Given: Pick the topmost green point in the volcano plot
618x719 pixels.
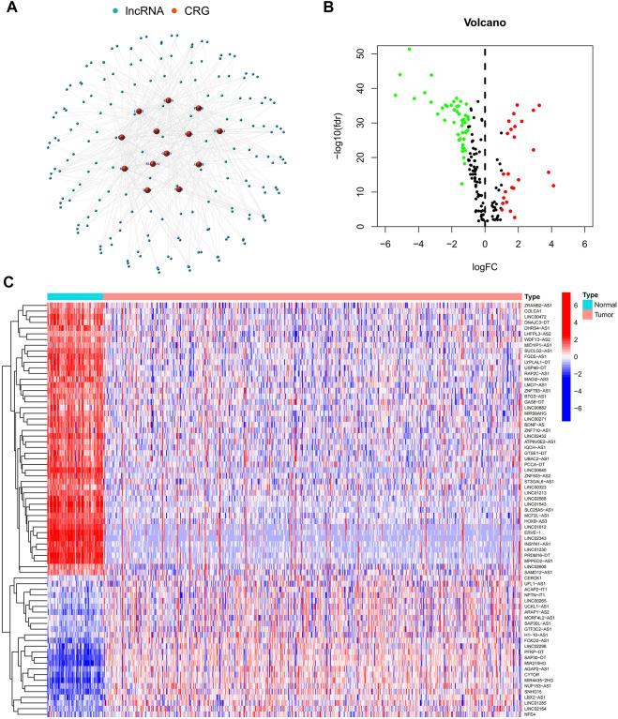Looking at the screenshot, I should (x=410, y=49).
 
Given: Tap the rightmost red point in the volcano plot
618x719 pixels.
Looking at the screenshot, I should (x=554, y=186).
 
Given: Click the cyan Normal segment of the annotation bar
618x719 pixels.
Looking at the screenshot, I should (x=75, y=296).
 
